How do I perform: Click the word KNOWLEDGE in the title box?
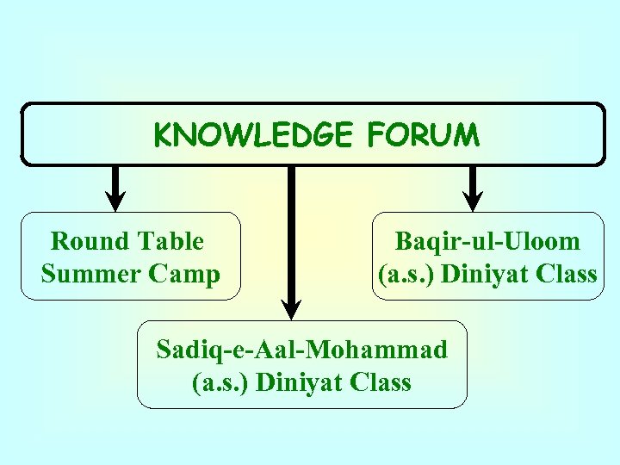[x=253, y=135]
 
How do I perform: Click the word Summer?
[x=91, y=274]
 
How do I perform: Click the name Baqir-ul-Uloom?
[x=487, y=241]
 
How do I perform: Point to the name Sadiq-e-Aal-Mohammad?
[x=302, y=350]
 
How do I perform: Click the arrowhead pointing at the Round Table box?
[x=118, y=200]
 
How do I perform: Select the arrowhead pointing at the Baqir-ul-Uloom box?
[x=473, y=200]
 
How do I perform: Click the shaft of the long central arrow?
[x=291, y=232]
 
